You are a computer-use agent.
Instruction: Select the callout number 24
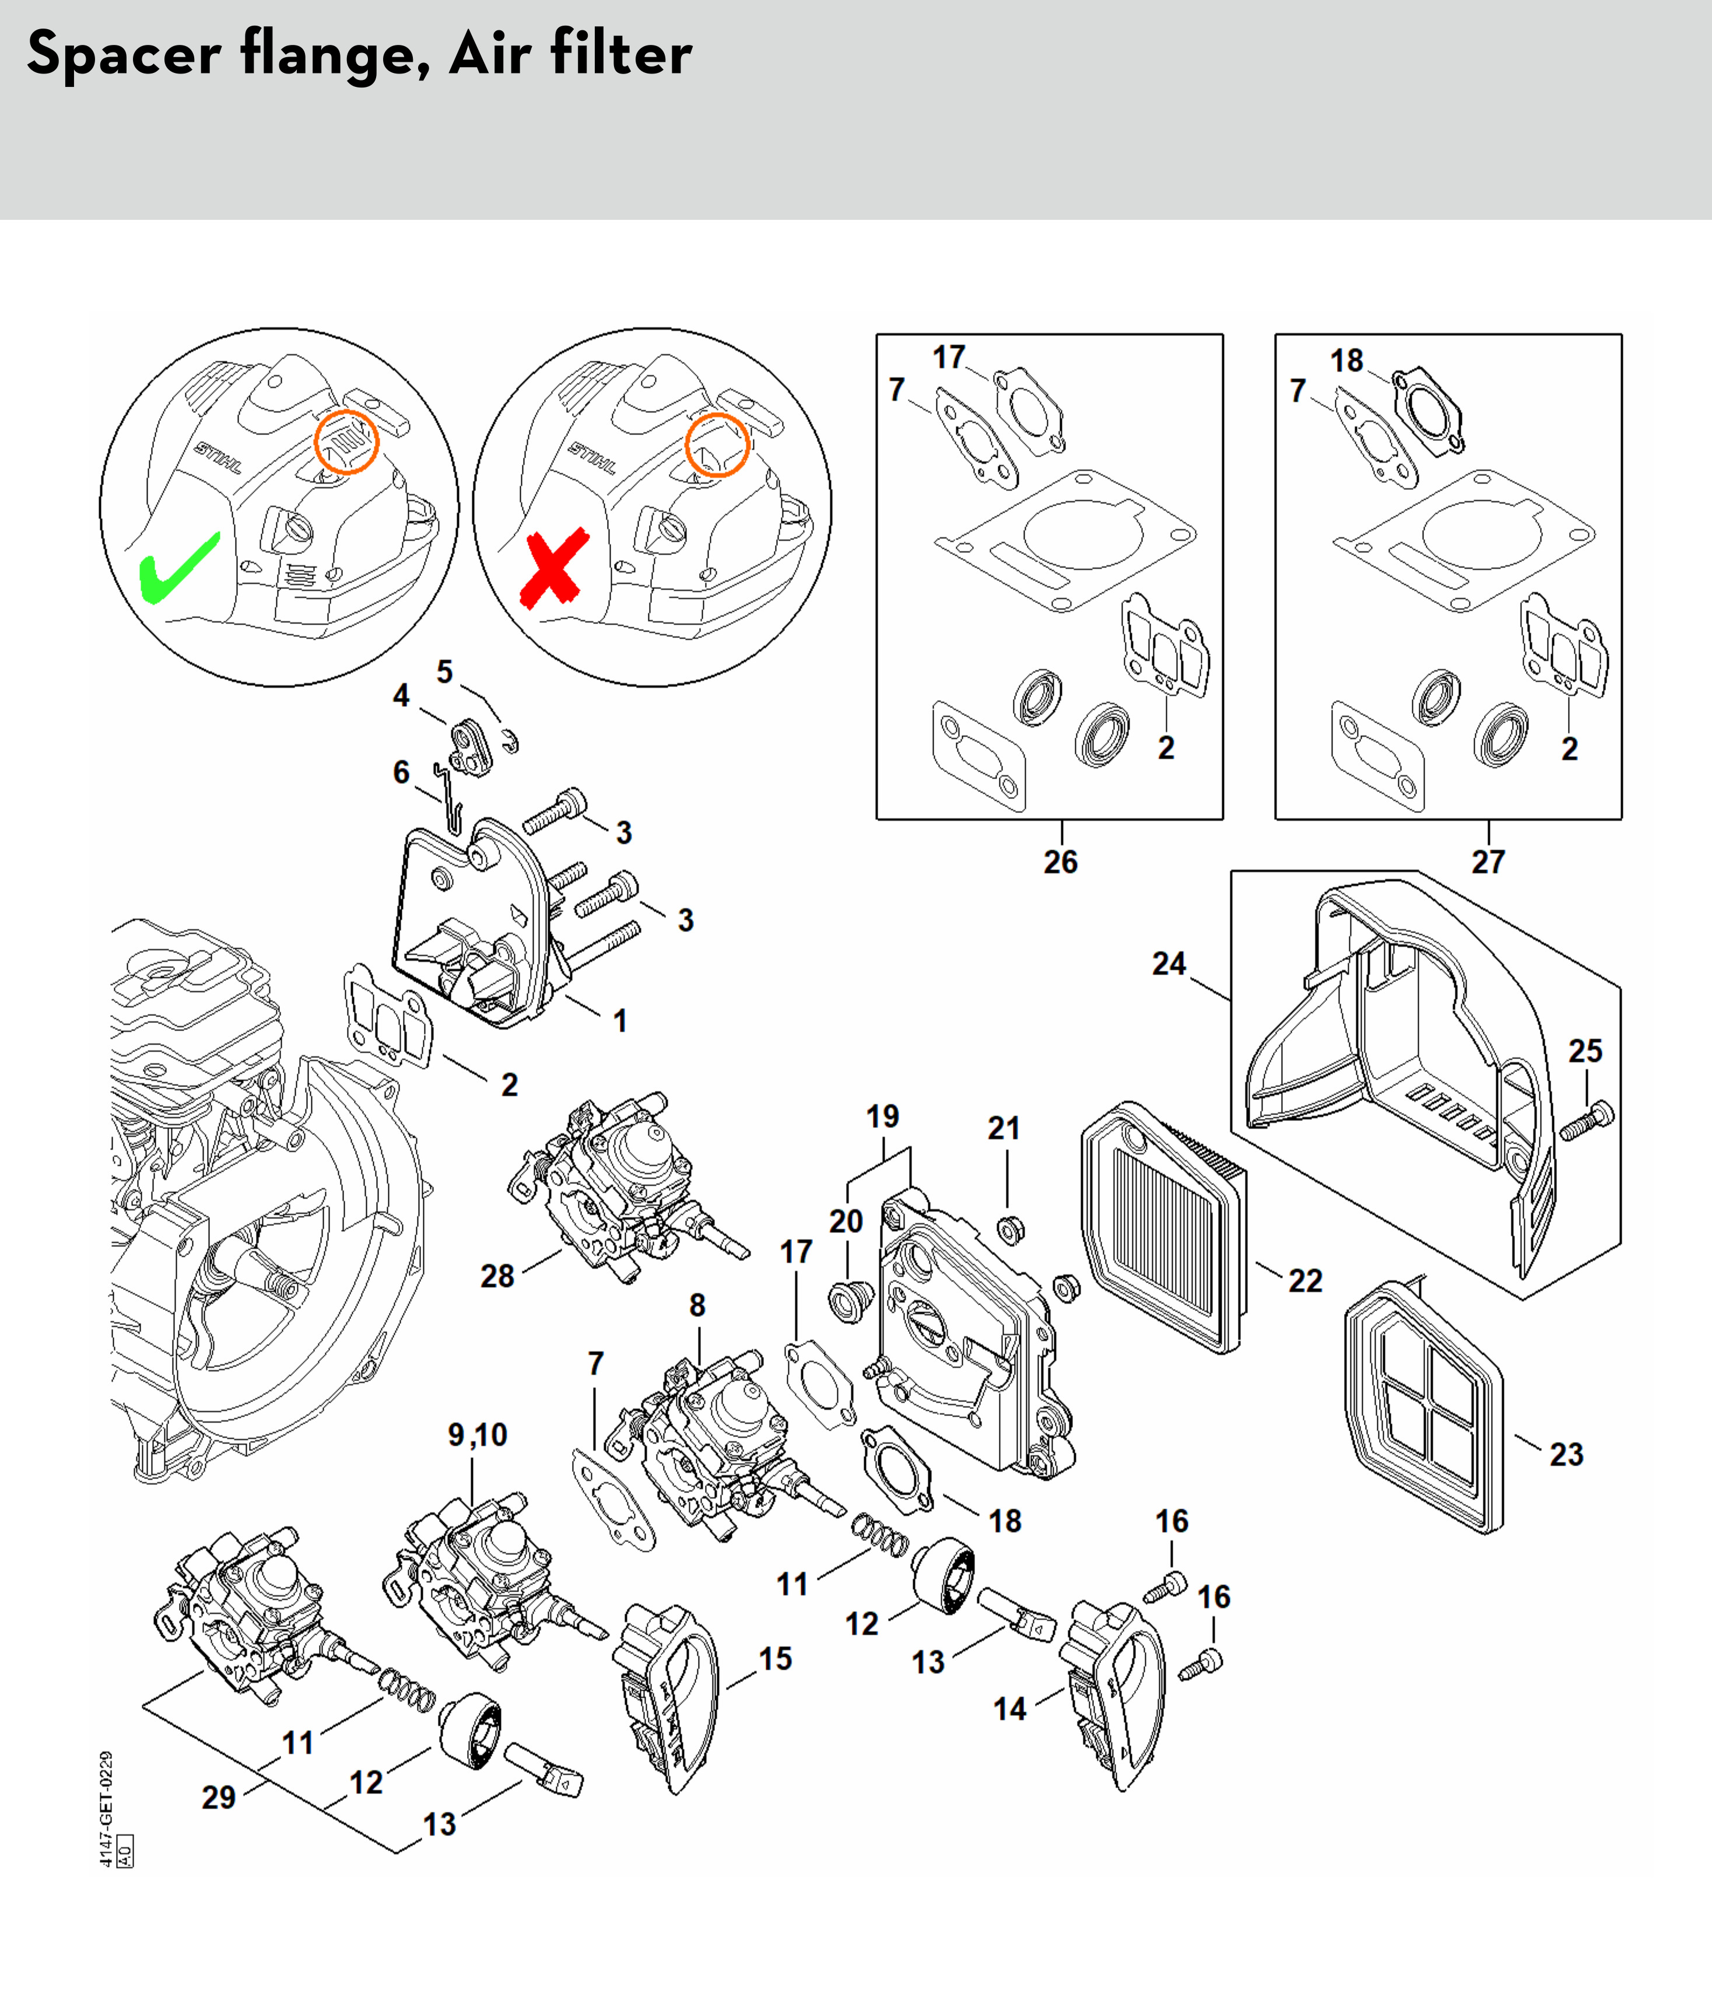tap(1169, 964)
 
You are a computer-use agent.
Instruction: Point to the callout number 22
tap(1306, 1281)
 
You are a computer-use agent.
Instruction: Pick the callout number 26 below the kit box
tap(1061, 861)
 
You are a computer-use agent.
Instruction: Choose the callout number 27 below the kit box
tap(1488, 861)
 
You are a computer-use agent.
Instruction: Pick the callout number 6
tap(401, 772)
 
